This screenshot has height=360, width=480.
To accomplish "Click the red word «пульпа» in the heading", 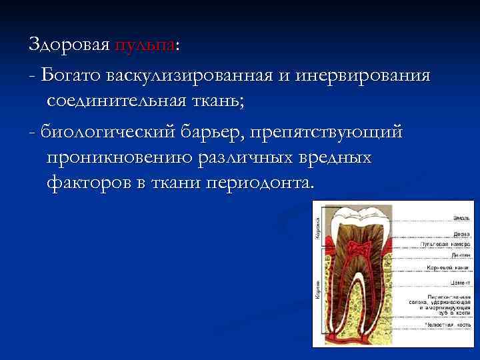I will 144,46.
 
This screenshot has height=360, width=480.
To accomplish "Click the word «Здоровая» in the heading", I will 69,45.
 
